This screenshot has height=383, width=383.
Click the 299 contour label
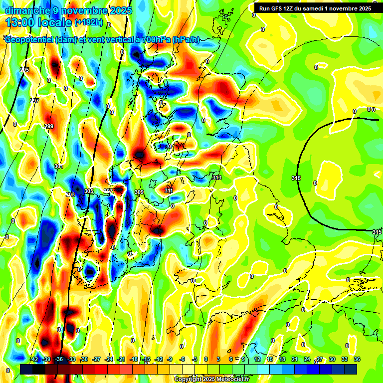point(49,127)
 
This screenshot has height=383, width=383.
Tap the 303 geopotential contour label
point(70,194)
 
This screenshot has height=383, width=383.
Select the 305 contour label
point(89,191)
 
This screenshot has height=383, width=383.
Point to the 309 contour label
point(139,192)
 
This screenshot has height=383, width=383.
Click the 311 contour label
point(169,191)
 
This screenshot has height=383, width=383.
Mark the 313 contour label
point(217,178)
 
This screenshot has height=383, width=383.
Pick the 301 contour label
point(59,166)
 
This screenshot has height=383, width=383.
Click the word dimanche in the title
point(28,10)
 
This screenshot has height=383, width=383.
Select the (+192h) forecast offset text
point(89,22)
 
